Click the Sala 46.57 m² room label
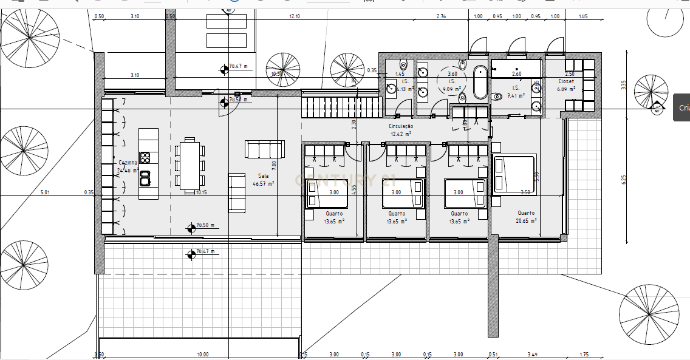click(264, 179)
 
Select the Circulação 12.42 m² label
click(400, 129)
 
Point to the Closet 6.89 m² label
click(570, 85)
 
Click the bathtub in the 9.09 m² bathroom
click(480, 83)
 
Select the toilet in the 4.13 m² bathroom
click(403, 64)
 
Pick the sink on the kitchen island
click(145, 178)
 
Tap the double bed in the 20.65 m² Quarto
click(514, 174)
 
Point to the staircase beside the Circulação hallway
click(341, 107)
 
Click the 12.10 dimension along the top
click(295, 16)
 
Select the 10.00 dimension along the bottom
click(202, 354)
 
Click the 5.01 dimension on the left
click(45, 192)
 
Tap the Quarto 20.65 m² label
click(526, 217)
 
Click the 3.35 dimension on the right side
click(623, 84)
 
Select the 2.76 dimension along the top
click(441, 16)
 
